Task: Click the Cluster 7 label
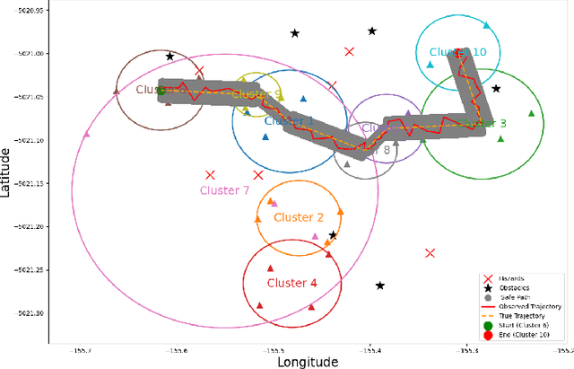[x=224, y=190]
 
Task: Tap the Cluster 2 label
[x=299, y=217]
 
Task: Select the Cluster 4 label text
[x=292, y=283]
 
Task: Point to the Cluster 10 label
[x=457, y=52]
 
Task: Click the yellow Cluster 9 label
[x=257, y=94]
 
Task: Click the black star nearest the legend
[x=380, y=286]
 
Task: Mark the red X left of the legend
[x=430, y=253]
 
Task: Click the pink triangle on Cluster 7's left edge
[x=87, y=134]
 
